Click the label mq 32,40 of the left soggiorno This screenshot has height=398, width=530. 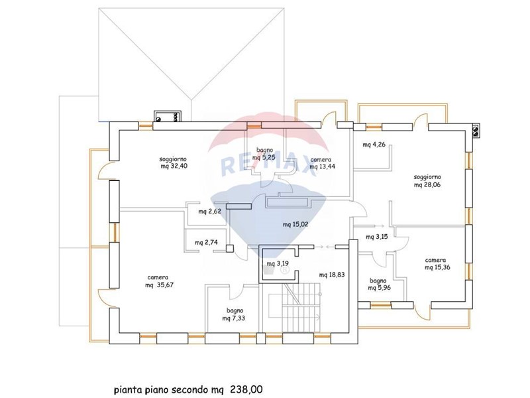(174, 166)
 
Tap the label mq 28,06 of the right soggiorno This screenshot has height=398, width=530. (427, 185)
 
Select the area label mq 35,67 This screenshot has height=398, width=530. (159, 285)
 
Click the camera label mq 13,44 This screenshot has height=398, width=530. (323, 166)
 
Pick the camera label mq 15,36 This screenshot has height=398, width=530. (437, 267)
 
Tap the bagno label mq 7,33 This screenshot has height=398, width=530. (234, 318)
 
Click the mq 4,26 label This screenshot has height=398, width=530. (374, 145)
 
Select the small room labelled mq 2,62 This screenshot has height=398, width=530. (209, 212)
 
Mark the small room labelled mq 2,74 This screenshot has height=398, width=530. (206, 242)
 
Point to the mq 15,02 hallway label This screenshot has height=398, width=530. (295, 224)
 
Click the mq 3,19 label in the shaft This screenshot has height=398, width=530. (278, 263)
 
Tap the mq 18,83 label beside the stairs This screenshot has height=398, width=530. (332, 275)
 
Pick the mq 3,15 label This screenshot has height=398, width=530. (377, 237)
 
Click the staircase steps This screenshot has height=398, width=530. (301, 307)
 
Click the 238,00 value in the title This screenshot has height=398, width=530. (246, 389)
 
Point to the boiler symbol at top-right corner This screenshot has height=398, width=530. (475, 131)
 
